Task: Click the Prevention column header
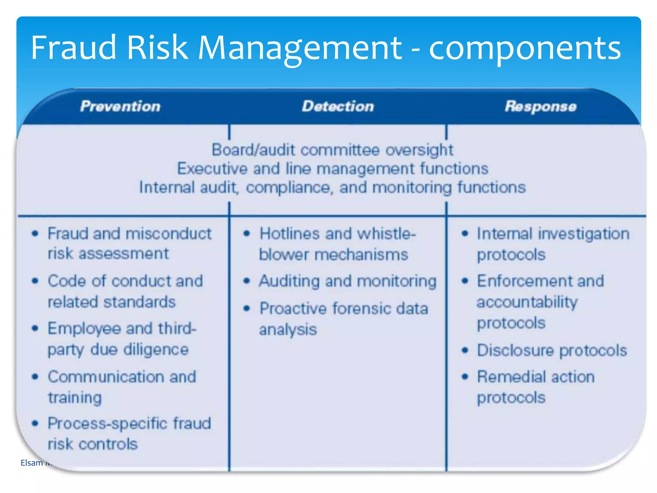click(x=120, y=106)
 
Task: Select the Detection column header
click(x=338, y=106)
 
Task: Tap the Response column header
click(x=541, y=106)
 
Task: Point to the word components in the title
click(x=525, y=48)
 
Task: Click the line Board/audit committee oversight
click(x=332, y=150)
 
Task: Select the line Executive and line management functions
click(x=332, y=169)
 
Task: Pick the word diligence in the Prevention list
click(x=156, y=350)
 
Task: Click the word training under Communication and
click(x=75, y=398)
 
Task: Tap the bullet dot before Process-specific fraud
click(x=35, y=424)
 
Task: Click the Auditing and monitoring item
click(x=348, y=281)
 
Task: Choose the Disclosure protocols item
click(x=552, y=350)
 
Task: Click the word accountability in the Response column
click(x=527, y=302)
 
